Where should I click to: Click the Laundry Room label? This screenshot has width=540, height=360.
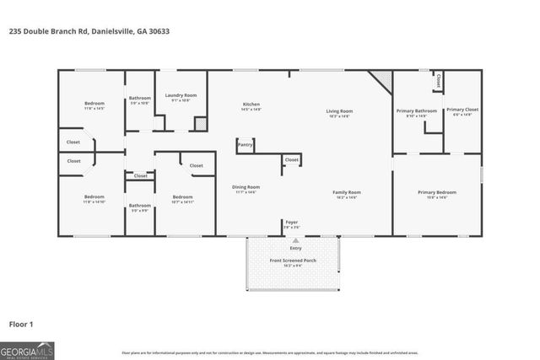tap(181, 95)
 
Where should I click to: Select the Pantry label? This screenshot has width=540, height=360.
tap(246, 145)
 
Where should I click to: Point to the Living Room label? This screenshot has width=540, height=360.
tap(340, 110)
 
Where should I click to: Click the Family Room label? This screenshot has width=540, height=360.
tap(347, 192)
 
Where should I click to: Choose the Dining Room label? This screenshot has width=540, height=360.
tap(246, 186)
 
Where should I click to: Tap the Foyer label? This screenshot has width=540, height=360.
tap(291, 222)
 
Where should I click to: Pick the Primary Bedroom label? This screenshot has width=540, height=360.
tap(437, 192)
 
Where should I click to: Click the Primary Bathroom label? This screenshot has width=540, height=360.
tap(417, 110)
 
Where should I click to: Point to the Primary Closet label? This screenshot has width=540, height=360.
tap(462, 110)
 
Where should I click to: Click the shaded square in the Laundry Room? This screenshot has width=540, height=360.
tap(201, 124)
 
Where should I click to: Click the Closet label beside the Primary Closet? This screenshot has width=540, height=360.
tap(438, 82)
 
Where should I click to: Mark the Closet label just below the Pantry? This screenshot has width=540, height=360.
tap(291, 159)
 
